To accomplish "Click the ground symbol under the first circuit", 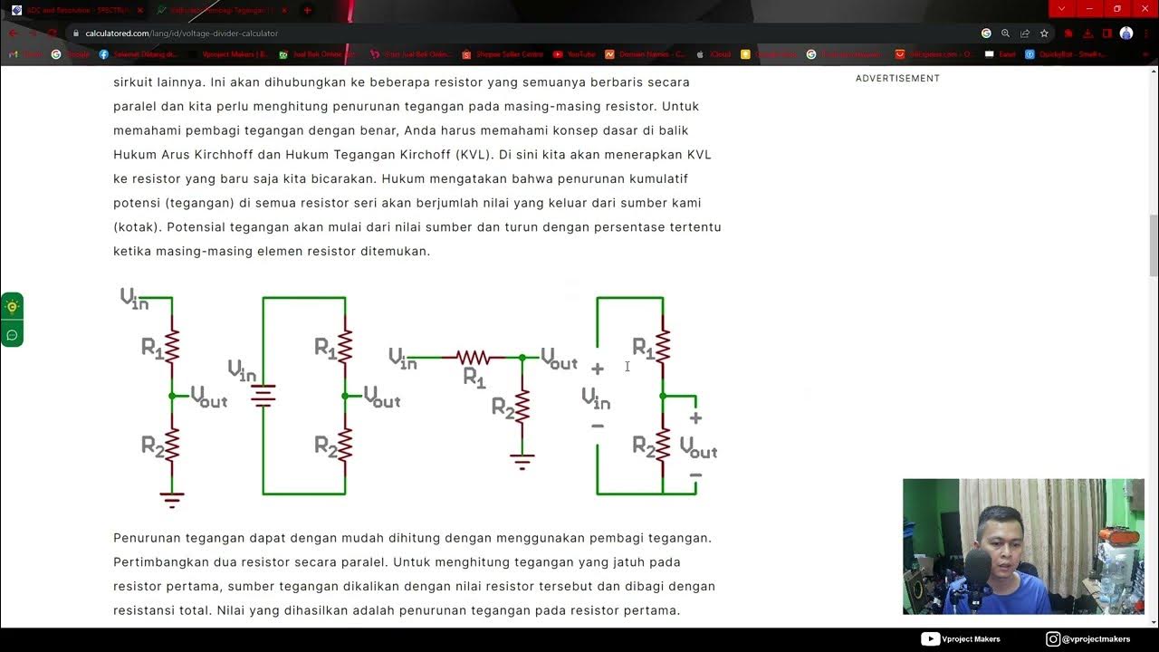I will (172, 498).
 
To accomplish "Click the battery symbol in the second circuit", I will (263, 396).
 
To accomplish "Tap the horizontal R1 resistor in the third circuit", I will (474, 358).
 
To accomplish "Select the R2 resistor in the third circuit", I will (522, 406).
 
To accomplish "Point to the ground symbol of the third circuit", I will (522, 462).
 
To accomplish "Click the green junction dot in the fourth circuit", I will (663, 396).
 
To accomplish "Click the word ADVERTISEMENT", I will (897, 79).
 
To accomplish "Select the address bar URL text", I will (181, 34).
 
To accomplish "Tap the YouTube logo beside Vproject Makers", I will (929, 639).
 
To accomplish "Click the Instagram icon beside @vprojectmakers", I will (1052, 639).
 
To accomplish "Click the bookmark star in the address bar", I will (1044, 34).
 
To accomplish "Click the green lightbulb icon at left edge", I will (12, 306).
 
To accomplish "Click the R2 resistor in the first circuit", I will (172, 445).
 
